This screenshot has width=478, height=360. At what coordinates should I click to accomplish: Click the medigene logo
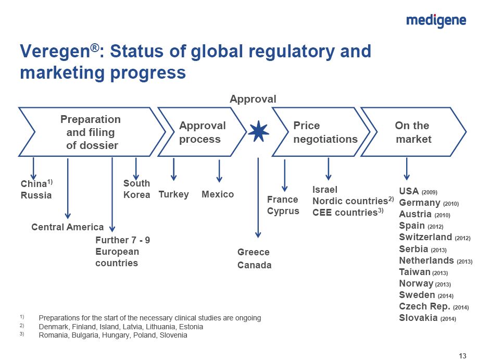point(436,21)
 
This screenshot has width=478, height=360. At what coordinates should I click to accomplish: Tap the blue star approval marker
point(258,131)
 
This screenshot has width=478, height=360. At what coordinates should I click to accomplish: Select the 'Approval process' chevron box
point(202,132)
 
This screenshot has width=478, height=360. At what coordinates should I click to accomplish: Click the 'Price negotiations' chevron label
point(325,132)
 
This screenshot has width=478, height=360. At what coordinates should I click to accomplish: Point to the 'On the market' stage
point(413,132)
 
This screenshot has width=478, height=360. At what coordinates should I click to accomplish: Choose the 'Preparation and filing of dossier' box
point(92,132)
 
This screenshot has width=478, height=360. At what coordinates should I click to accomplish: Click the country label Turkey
point(173,194)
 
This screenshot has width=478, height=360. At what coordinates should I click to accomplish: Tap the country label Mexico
point(218,194)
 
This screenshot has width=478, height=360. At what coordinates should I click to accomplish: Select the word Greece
point(254,252)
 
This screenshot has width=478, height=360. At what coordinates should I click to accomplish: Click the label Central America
point(67,227)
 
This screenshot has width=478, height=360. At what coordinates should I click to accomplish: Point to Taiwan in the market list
point(414,272)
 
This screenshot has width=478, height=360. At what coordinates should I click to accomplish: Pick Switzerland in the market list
point(425,237)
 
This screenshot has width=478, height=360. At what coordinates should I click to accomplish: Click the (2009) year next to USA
point(429,192)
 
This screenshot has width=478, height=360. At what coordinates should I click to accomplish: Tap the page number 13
point(462,356)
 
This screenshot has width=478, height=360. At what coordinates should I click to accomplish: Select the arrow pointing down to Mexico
point(219,171)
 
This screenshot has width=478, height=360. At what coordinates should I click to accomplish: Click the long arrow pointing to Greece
point(258,197)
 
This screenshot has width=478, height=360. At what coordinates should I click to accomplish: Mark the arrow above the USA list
point(406,169)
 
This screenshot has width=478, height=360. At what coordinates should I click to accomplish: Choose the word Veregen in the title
point(55,51)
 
